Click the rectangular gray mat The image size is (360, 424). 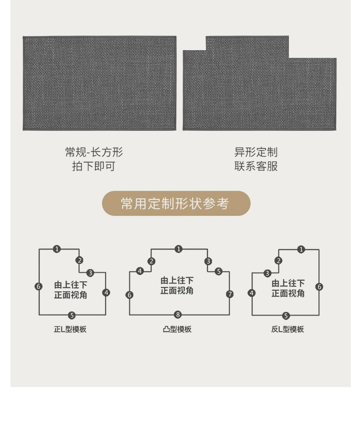click(x=99, y=83)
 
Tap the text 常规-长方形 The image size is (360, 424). click(x=94, y=152)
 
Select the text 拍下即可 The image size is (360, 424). click(x=94, y=166)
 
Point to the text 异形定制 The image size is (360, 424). click(x=256, y=152)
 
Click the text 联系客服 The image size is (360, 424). click(x=256, y=166)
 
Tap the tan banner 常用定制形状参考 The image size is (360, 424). click(x=176, y=203)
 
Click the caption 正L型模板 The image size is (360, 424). click(x=70, y=329)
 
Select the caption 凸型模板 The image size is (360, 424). click(x=177, y=329)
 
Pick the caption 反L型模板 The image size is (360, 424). click(x=288, y=329)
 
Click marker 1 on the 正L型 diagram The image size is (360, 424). click(x=57, y=249)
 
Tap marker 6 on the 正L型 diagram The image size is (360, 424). click(x=39, y=286)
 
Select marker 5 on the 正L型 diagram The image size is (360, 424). click(x=72, y=315)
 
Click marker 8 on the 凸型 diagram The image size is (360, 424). click(x=178, y=315)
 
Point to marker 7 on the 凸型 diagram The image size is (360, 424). click(x=230, y=294)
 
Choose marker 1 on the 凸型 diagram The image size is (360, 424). click(x=179, y=249)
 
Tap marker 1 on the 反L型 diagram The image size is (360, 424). click(x=301, y=249)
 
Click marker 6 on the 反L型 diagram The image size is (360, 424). click(x=319, y=287)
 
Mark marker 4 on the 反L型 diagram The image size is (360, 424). click(x=252, y=293)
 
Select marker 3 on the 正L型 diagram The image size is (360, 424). click(x=90, y=273)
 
